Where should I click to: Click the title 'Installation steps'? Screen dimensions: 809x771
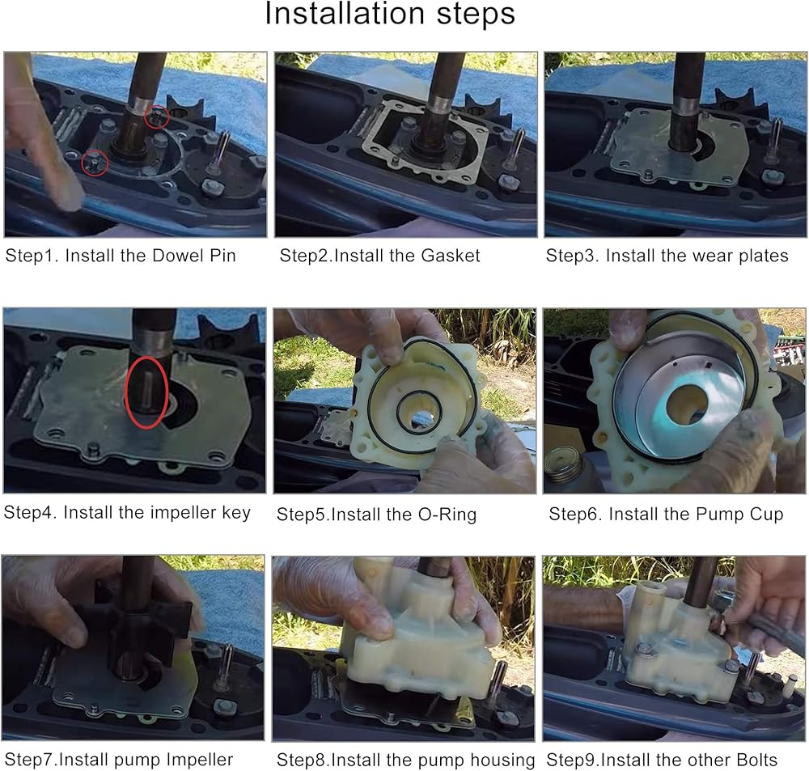tap(390, 14)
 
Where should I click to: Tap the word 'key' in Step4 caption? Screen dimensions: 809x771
tap(236, 513)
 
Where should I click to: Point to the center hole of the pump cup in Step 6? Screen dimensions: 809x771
tap(687, 403)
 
